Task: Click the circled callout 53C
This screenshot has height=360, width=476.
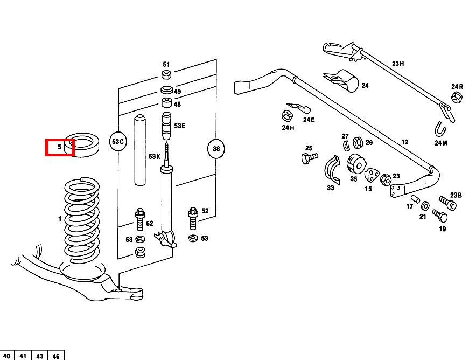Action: tap(117, 142)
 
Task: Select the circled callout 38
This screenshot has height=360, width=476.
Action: tap(216, 149)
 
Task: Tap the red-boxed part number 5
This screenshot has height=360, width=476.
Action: tap(59, 147)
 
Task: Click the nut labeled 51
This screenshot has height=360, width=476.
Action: tap(166, 74)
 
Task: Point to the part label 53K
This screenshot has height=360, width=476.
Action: tap(155, 157)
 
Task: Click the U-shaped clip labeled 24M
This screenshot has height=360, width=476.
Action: tap(442, 130)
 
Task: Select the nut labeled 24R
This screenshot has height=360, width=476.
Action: tap(456, 98)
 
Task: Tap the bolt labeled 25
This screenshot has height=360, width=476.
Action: tap(309, 158)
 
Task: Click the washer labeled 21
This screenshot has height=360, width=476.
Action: tap(425, 206)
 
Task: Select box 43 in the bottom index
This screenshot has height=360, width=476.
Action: tap(40, 356)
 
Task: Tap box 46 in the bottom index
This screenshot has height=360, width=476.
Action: tap(56, 356)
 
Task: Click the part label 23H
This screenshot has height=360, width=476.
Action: tap(398, 64)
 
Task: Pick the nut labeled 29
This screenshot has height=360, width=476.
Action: tap(358, 142)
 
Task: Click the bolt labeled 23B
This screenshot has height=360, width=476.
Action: tap(449, 204)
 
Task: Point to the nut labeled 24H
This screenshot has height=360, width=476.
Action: tap(286, 115)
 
